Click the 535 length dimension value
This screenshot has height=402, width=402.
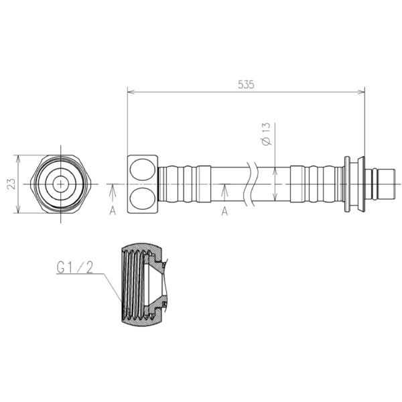pos(246,84)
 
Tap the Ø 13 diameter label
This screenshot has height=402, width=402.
pos(267,134)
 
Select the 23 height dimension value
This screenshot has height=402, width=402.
pos(11,184)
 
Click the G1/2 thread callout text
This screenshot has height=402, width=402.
pos(74,268)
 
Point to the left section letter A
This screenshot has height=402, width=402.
pos(113,211)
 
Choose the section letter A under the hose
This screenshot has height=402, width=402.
pos(224,212)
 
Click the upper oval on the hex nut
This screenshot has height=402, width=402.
pos(143,170)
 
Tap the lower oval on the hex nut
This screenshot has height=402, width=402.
pos(143,199)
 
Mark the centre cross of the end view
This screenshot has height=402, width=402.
pos(61,184)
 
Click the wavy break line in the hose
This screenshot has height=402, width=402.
pos(248,184)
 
